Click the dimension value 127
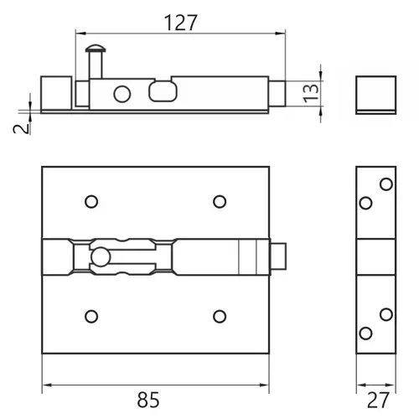[x=181, y=23]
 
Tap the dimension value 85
[x=148, y=400]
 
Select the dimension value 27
[x=378, y=400]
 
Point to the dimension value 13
[x=311, y=93]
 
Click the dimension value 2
[x=22, y=129]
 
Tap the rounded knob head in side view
[x=96, y=49]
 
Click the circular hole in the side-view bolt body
[x=122, y=94]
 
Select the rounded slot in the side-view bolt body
[x=163, y=91]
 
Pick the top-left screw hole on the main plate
[x=91, y=201]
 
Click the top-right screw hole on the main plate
[x=220, y=201]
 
